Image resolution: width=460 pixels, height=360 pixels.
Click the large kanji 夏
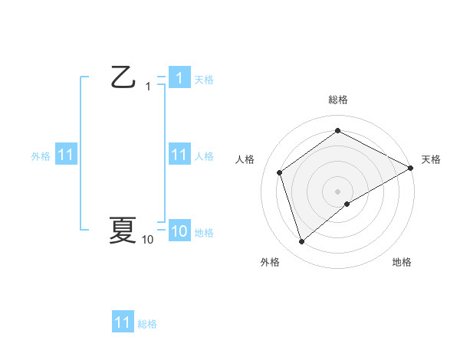tap(123, 230)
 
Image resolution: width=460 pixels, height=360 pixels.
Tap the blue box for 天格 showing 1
tap(179, 77)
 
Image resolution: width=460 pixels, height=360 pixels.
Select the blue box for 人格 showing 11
tap(179, 155)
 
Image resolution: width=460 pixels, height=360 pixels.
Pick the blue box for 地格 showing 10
tap(179, 231)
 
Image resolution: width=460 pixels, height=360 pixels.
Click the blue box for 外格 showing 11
tap(66, 155)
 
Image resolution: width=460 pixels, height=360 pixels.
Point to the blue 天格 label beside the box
tap(204, 79)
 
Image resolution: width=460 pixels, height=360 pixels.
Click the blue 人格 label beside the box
tap(204, 155)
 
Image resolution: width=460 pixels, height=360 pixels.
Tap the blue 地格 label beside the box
tap(204, 232)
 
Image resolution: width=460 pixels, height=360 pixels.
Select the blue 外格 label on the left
tap(41, 155)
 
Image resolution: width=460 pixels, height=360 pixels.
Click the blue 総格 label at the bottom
tap(147, 324)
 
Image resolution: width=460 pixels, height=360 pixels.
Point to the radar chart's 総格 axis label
tap(338, 100)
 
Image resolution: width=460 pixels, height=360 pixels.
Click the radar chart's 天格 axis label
tap(432, 159)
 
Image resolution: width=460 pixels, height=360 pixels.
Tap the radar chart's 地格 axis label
tap(402, 262)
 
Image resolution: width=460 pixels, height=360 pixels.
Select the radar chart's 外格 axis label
tap(270, 262)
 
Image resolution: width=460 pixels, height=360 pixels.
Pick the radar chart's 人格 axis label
tap(245, 159)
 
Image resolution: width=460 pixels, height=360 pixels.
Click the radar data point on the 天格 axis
tap(412, 168)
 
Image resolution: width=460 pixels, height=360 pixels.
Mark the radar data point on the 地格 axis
tap(347, 204)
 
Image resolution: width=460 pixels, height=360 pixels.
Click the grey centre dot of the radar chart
tap(338, 191)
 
